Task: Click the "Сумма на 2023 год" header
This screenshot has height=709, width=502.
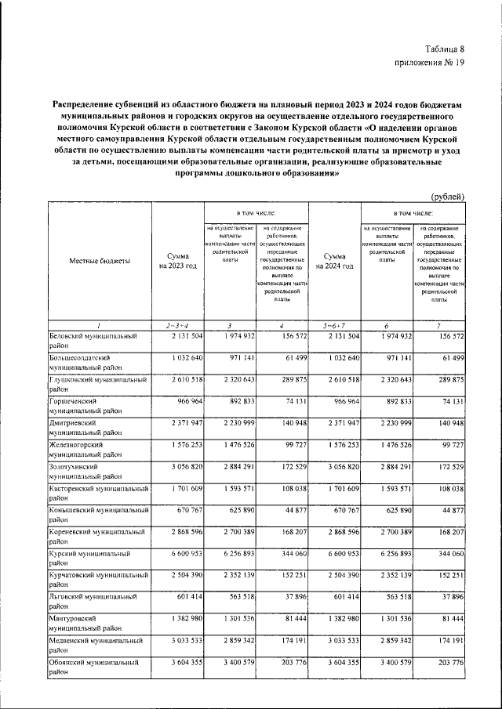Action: click(x=177, y=261)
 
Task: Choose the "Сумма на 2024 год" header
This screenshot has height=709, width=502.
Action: click(x=334, y=261)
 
